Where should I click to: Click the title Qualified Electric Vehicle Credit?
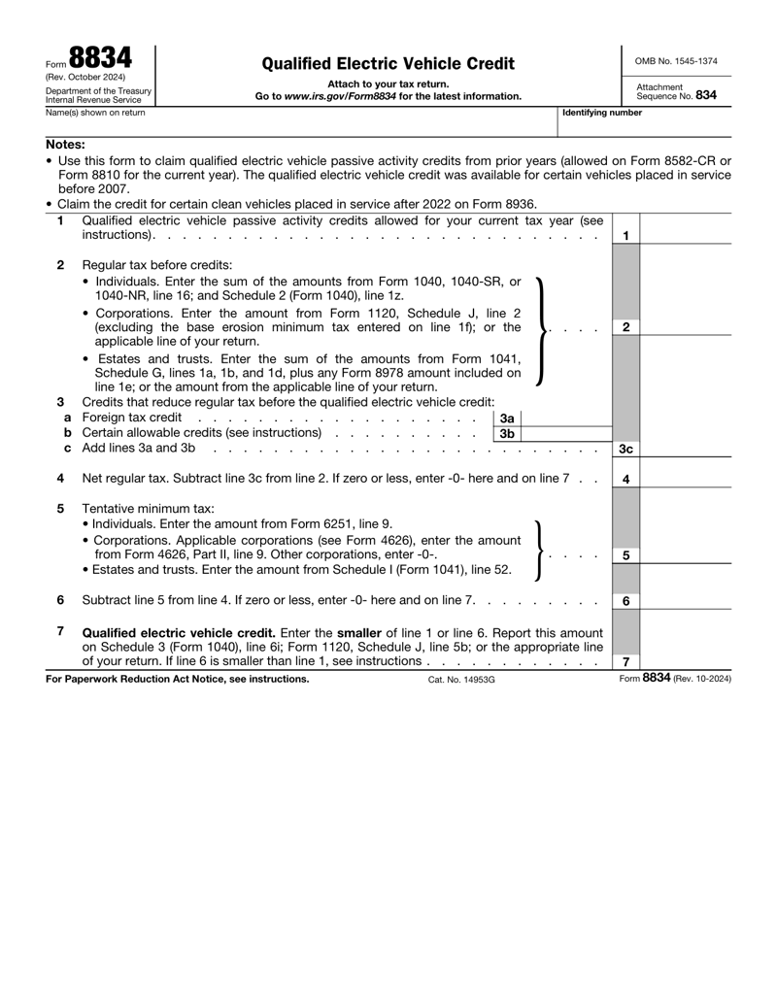pos(388,64)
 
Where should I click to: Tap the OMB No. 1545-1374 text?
pos(676,61)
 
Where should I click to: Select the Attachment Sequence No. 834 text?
pos(676,91)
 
